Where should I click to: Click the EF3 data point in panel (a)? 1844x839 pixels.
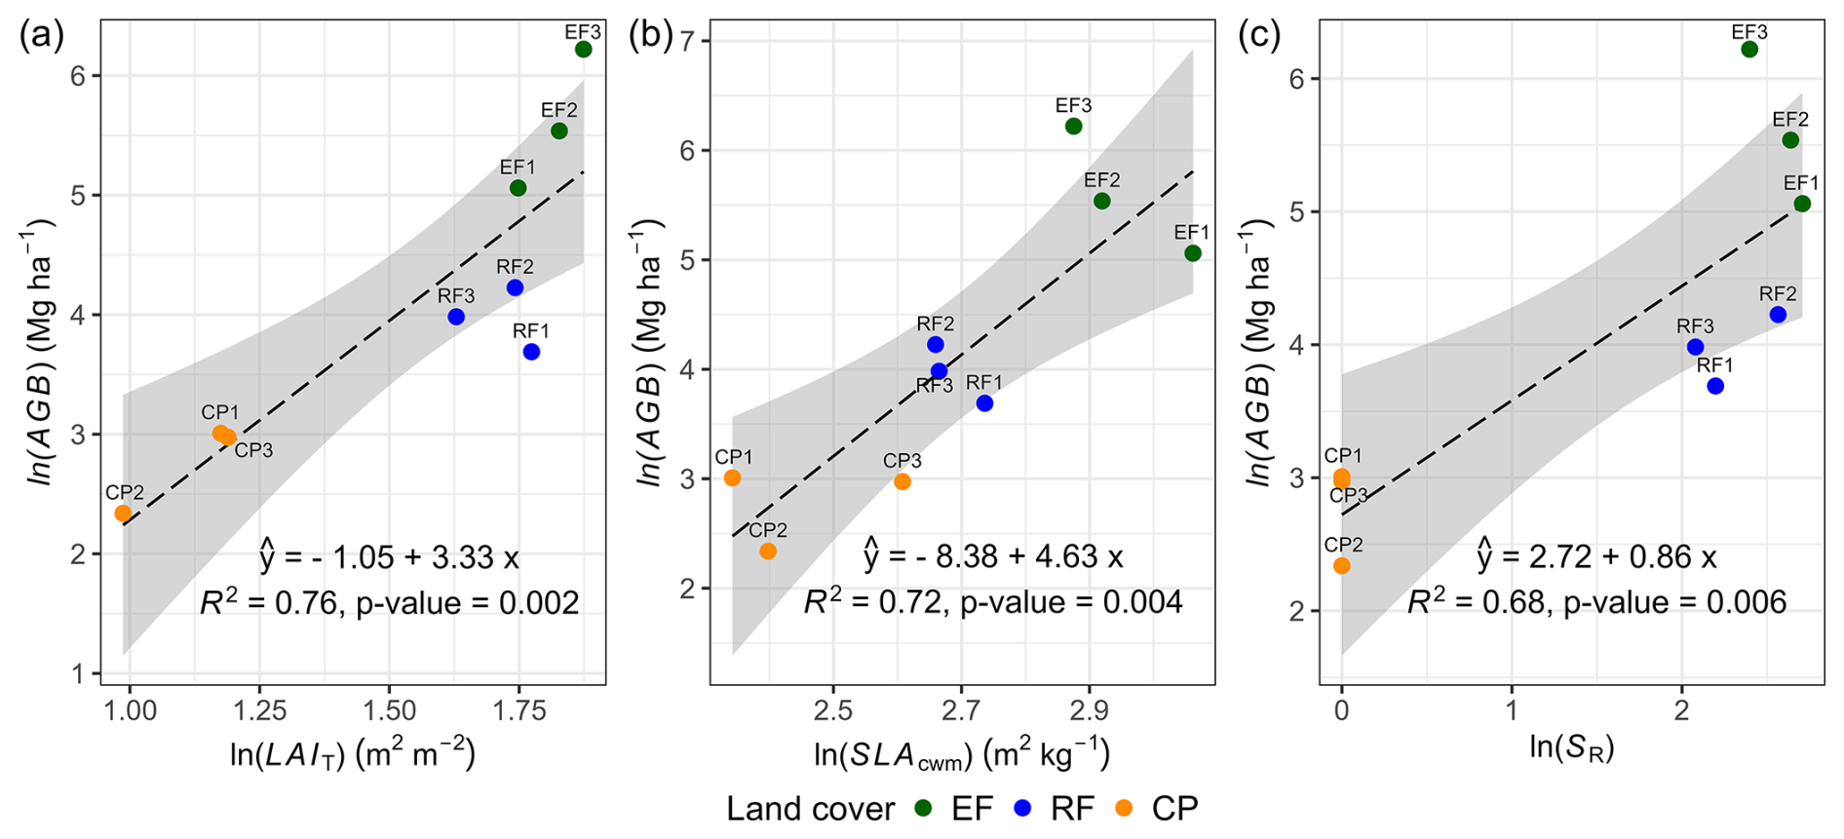pos(583,49)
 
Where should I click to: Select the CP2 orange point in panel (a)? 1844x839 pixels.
pos(123,514)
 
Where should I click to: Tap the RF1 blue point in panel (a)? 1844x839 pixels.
pos(531,352)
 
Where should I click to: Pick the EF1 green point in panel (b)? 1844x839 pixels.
pos(1192,253)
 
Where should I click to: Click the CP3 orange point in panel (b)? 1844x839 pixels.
pos(903,481)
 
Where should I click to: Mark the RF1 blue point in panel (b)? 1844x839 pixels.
pos(984,402)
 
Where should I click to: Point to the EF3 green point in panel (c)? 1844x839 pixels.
pos(1749,49)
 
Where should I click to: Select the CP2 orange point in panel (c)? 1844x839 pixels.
pos(1342,565)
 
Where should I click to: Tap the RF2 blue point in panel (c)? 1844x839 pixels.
pos(1778,315)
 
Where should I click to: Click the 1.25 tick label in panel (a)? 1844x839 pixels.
pos(258,710)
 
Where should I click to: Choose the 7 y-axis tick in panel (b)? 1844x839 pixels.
pos(699,41)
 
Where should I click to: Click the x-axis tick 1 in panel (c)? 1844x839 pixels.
pos(1512,710)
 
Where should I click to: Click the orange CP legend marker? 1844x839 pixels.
pos(1124,808)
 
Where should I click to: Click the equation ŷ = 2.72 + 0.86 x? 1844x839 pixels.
pos(1595,555)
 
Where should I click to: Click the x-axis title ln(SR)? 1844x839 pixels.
pos(1571,748)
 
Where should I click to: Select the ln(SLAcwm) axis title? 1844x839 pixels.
pos(961,752)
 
